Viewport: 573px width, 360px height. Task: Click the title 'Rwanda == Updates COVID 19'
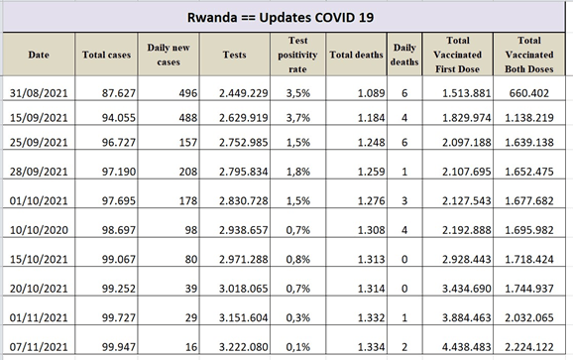pos(281,18)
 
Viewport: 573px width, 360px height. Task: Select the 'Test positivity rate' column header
pos(297,55)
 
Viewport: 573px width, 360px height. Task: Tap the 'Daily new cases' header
pos(169,55)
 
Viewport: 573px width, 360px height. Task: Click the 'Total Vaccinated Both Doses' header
pos(528,55)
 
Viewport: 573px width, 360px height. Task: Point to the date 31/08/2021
pos(39,93)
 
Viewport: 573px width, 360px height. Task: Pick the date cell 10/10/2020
pos(39,230)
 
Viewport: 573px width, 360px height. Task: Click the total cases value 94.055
pos(119,118)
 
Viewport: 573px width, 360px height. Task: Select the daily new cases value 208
pos(187,172)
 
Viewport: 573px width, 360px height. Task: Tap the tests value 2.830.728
pos(244,200)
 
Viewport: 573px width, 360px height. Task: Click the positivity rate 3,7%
pos(297,118)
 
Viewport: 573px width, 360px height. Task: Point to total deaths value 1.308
pos(371,230)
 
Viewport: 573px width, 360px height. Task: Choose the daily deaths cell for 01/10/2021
pos(404,200)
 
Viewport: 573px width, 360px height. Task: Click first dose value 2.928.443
pos(466,259)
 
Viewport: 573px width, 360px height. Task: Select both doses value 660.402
pos(528,93)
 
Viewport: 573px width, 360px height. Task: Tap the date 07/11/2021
pos(39,347)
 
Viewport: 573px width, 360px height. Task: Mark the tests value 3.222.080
pos(244,347)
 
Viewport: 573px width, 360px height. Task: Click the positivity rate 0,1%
pos(297,347)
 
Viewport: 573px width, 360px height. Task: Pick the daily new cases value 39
pos(191,289)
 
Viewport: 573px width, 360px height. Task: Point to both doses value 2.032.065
pos(528,317)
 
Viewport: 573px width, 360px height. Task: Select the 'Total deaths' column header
pos(356,55)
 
